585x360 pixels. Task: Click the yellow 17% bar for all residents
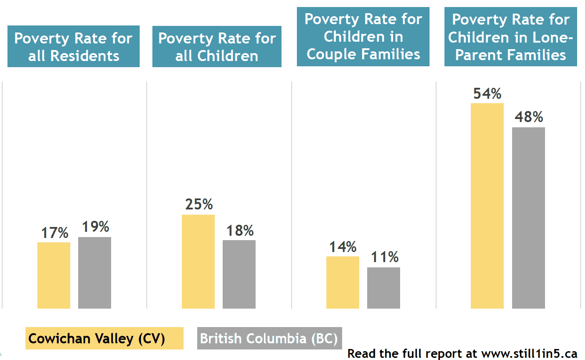point(54,275)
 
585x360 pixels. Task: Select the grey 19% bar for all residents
point(94,273)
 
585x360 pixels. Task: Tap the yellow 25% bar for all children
point(198,261)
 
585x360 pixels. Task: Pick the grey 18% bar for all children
point(239,274)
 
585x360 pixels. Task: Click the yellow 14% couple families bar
point(343,282)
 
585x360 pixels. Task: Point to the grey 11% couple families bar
point(383,288)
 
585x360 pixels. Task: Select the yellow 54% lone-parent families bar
point(487,205)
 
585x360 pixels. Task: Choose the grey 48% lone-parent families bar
point(528,218)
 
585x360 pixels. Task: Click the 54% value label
point(487,94)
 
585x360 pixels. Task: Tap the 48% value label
point(529,118)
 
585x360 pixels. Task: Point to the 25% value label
point(199,205)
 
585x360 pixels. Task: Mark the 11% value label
point(384,257)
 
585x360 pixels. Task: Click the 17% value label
point(54,233)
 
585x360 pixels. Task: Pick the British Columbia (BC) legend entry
point(269,338)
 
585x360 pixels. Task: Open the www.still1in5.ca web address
point(529,353)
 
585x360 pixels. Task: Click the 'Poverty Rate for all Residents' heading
point(73,47)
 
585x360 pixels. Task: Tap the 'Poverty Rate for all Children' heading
point(217,47)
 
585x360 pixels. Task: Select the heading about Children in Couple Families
point(363,37)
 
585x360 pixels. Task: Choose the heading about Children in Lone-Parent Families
point(511,37)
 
